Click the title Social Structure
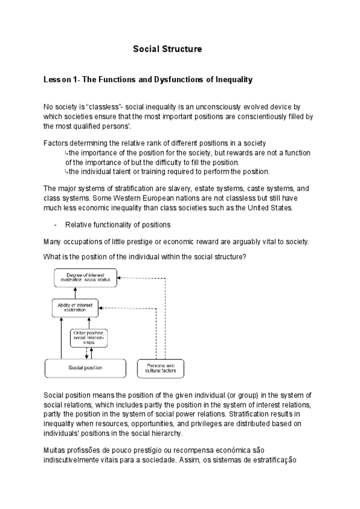coord(167,49)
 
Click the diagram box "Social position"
coord(85,367)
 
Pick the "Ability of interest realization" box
coord(74,307)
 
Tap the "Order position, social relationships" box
coord(89,337)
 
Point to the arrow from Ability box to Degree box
coord(75,292)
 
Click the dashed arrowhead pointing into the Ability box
coord(101,308)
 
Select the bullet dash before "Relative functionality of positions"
coord(55,225)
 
